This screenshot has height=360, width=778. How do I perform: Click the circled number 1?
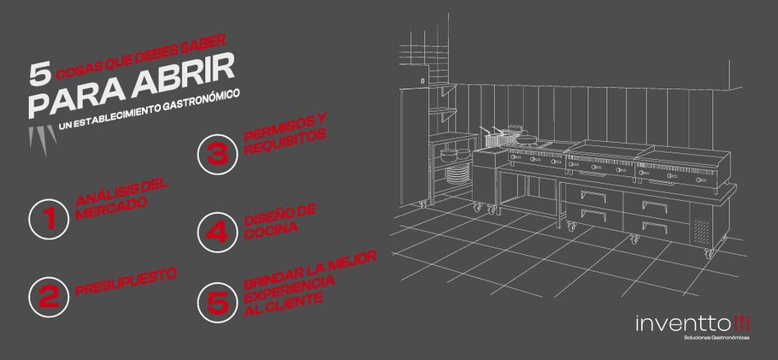pyautogui.click(x=49, y=219)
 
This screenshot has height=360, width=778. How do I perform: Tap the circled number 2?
pyautogui.click(x=49, y=297)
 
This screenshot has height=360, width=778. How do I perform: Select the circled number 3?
pyautogui.click(x=217, y=155)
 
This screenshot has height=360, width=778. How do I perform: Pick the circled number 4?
pyautogui.click(x=217, y=233)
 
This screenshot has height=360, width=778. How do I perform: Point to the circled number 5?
pyautogui.click(x=217, y=302)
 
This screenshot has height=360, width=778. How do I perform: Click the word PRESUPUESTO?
pyautogui.click(x=126, y=282)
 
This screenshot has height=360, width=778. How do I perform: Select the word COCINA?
pyautogui.click(x=271, y=230)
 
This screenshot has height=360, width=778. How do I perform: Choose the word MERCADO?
pyautogui.click(x=112, y=209)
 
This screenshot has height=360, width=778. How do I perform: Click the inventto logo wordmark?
pyautogui.click(x=684, y=324)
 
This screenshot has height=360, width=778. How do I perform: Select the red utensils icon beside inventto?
pyautogui.click(x=742, y=322)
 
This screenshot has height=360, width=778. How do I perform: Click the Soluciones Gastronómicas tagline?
pyautogui.click(x=716, y=338)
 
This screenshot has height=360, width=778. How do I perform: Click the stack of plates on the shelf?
pyautogui.click(x=457, y=175)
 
